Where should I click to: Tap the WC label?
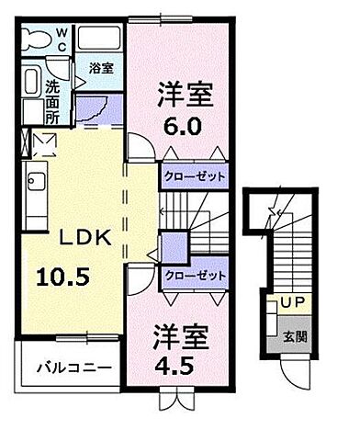tap(62, 40)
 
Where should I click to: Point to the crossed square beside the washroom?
tap(43, 143)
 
